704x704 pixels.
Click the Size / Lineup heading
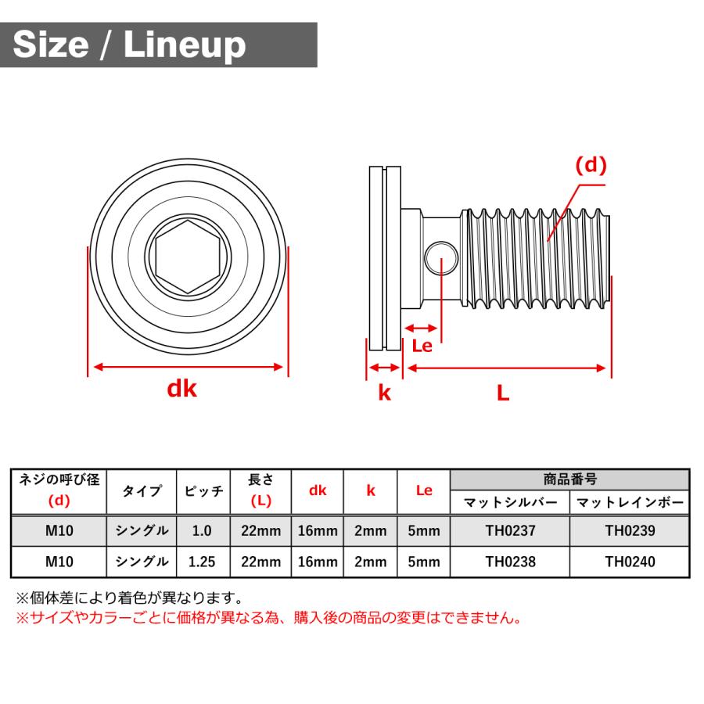[x=130, y=45]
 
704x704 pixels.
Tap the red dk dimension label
[x=181, y=389]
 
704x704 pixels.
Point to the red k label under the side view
[x=384, y=393]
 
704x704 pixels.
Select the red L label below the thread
[x=503, y=393]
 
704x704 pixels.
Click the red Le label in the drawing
[x=422, y=346]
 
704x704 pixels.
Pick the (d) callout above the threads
[x=591, y=165]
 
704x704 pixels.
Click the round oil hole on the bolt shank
[x=441, y=257]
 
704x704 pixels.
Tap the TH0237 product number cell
[x=510, y=531]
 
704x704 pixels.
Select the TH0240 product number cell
[x=630, y=562]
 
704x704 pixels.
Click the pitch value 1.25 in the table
[x=201, y=562]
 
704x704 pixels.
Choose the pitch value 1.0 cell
[x=201, y=531]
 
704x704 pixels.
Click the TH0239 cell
[x=630, y=531]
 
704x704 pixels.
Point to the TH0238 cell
[x=510, y=562]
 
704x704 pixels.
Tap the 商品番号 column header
[x=569, y=480]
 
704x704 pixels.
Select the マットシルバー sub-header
[x=510, y=502]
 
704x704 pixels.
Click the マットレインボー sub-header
[x=630, y=502]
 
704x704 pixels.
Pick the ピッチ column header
[x=203, y=491]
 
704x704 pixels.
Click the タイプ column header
[x=142, y=491]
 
